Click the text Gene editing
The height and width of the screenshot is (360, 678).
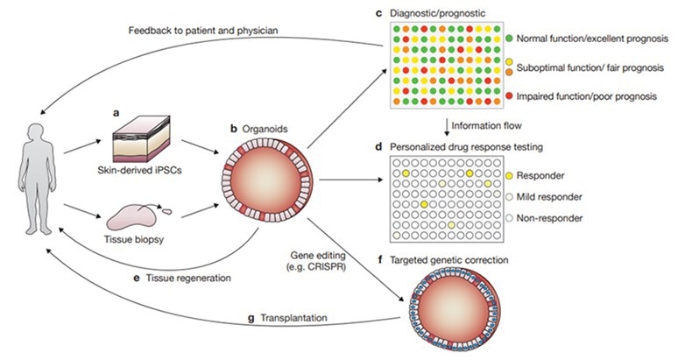(x=324, y=253)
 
